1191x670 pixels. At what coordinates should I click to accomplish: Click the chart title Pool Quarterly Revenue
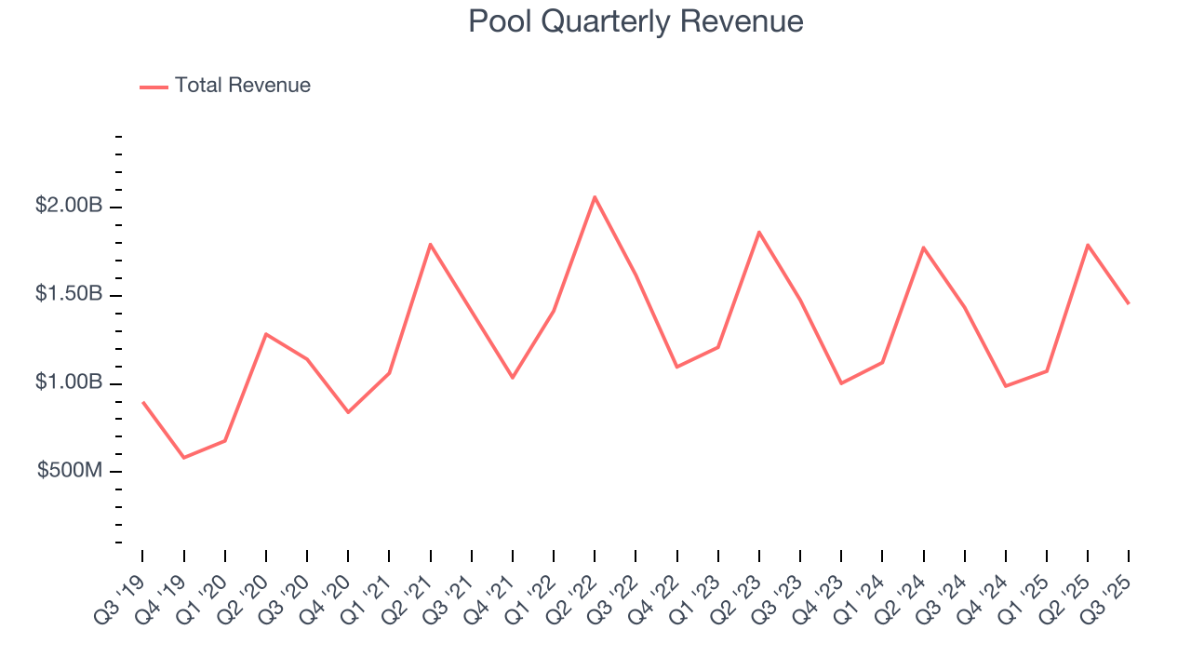coord(636,21)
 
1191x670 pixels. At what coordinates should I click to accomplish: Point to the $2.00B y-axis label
coord(69,206)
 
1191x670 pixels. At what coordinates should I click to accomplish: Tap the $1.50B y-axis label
coord(69,294)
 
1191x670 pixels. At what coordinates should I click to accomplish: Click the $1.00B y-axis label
coord(69,382)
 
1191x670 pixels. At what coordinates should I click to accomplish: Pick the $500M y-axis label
coord(70,471)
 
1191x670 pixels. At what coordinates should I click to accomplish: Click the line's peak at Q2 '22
coord(595,196)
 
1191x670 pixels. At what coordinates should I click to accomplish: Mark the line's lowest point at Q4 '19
coord(183,458)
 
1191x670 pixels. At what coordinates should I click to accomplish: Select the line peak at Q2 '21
coord(430,244)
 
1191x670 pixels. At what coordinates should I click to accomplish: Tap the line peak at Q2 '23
coord(759,232)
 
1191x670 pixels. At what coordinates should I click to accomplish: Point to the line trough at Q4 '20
coord(348,412)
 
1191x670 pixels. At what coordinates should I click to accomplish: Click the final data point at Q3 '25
coord(1129,303)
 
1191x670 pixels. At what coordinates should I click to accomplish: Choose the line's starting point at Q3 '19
coord(142,402)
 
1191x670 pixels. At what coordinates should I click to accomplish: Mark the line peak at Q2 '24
coord(923,248)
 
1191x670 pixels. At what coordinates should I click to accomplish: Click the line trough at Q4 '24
coord(1006,386)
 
